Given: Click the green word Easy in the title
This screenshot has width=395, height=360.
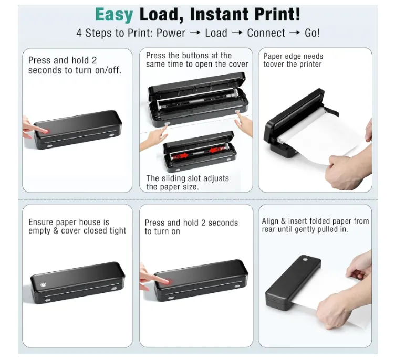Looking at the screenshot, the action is click(114, 15).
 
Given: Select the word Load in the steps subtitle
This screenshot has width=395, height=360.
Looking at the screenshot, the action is click(216, 33).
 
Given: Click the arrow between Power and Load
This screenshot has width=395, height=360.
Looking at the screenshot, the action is click(195, 33).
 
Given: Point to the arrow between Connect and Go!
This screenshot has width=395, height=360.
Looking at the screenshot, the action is click(295, 33).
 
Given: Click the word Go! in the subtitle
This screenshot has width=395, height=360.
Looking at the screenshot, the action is click(312, 33).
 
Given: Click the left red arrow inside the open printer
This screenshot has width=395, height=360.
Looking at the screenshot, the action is click(182, 156).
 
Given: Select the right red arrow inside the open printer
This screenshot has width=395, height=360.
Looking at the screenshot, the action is click(216, 150).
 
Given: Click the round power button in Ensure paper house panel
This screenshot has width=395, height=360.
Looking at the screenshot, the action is click(43, 285).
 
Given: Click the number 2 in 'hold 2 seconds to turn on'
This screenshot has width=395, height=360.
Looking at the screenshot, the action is click(203, 223).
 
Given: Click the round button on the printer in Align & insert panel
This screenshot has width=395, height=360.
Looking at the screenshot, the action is click(305, 259).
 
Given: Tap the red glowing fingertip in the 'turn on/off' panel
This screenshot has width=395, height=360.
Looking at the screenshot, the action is click(45, 131).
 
